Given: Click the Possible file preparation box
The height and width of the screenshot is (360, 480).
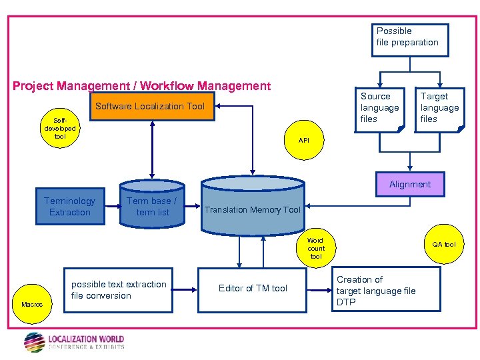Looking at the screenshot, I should (409, 40).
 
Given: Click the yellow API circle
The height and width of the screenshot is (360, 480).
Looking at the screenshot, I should (304, 140).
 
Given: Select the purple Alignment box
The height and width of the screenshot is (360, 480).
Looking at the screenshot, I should (410, 184).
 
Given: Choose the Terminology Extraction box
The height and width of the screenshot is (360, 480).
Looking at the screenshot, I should (70, 207).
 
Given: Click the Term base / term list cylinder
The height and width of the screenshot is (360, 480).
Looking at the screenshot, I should (152, 207).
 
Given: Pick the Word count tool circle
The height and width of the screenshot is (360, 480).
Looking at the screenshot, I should (316, 248).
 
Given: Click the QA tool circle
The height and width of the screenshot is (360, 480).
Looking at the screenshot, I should (443, 245).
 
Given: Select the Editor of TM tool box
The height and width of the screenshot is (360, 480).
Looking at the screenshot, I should (253, 288).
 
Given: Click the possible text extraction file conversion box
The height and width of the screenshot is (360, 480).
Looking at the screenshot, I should (119, 290).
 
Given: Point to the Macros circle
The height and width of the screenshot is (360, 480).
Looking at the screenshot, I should (32, 304).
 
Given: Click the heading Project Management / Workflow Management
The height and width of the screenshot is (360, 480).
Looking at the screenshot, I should (142, 86).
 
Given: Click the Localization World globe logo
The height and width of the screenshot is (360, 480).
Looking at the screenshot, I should (35, 342).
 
